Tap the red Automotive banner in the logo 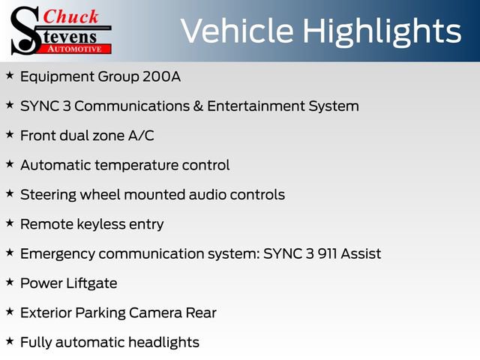(76, 49)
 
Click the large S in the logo (23, 30)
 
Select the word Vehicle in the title (234, 31)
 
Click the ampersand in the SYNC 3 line (199, 106)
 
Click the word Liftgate (88, 283)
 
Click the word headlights (162, 343)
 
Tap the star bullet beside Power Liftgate (10, 282)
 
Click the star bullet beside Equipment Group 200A (10, 75)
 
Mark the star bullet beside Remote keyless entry (10, 223)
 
